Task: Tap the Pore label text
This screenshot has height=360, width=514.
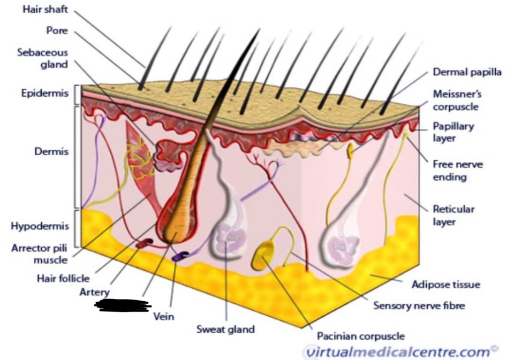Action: (57, 30)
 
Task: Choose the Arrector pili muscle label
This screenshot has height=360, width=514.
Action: (40, 254)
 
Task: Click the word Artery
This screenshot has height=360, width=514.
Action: (94, 292)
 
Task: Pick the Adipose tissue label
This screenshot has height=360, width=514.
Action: (446, 284)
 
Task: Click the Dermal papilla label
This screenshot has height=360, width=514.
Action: (467, 72)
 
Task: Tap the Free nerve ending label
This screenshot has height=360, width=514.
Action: (457, 170)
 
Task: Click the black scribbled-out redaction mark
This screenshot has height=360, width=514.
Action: (122, 305)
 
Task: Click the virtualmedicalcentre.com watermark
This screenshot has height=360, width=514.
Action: (397, 351)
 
